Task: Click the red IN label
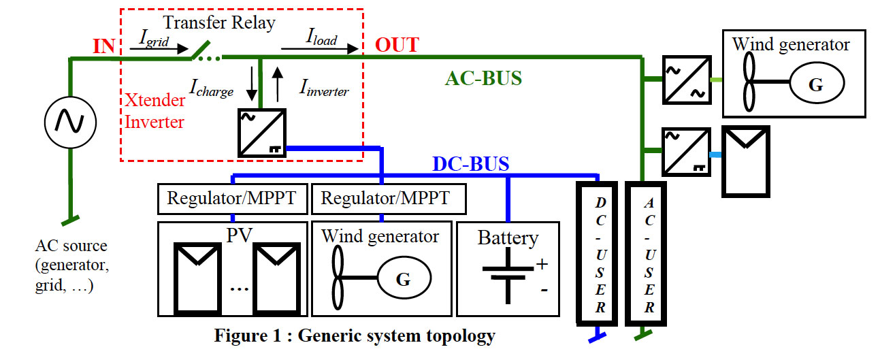click(103, 46)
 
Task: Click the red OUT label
click(397, 45)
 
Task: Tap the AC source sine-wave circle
click(70, 122)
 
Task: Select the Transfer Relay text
click(219, 22)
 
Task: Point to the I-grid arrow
click(159, 49)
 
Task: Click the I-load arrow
click(320, 49)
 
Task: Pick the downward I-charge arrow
click(252, 84)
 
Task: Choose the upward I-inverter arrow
click(278, 84)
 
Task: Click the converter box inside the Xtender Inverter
click(262, 133)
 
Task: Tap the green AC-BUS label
click(483, 78)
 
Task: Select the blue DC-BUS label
click(471, 164)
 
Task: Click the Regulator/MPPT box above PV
click(233, 199)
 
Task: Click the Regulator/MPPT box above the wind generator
click(389, 199)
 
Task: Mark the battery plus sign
click(542, 264)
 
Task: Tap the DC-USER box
click(597, 254)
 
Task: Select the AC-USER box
click(646, 254)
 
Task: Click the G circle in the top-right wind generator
click(817, 83)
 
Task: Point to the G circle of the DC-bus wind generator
click(404, 278)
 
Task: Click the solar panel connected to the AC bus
click(746, 161)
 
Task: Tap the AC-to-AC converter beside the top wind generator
click(687, 80)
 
